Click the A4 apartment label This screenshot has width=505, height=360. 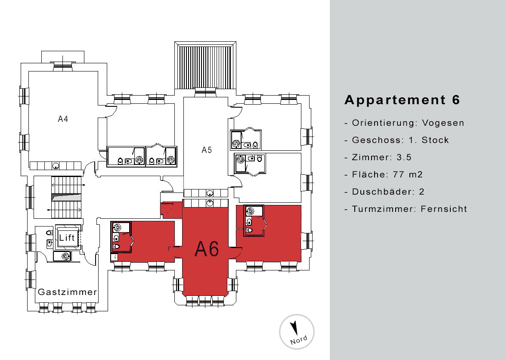tap(63, 119)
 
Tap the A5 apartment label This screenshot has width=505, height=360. tap(207, 150)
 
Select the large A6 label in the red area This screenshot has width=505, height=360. tap(207, 248)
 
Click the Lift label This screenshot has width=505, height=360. tap(67, 238)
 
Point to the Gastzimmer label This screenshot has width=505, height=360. tap(67, 292)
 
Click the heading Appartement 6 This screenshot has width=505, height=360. tap(402, 100)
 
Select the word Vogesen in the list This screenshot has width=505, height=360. tap(443, 123)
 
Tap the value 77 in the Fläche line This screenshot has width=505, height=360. tap(399, 174)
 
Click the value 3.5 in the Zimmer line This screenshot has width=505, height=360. tap(404, 158)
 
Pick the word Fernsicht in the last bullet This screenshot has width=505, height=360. tap(444, 209)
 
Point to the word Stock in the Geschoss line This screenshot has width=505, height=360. tap(435, 140)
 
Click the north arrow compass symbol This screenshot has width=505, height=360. tap(294, 328)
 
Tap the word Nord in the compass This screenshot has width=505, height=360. tap(298, 340)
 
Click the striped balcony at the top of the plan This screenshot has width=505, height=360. tap(205, 67)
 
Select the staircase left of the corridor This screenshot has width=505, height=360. tap(67, 197)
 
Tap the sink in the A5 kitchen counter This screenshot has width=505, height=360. tap(210, 193)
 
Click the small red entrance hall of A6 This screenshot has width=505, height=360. tap(171, 210)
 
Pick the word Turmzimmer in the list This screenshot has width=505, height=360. tap(383, 209)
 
